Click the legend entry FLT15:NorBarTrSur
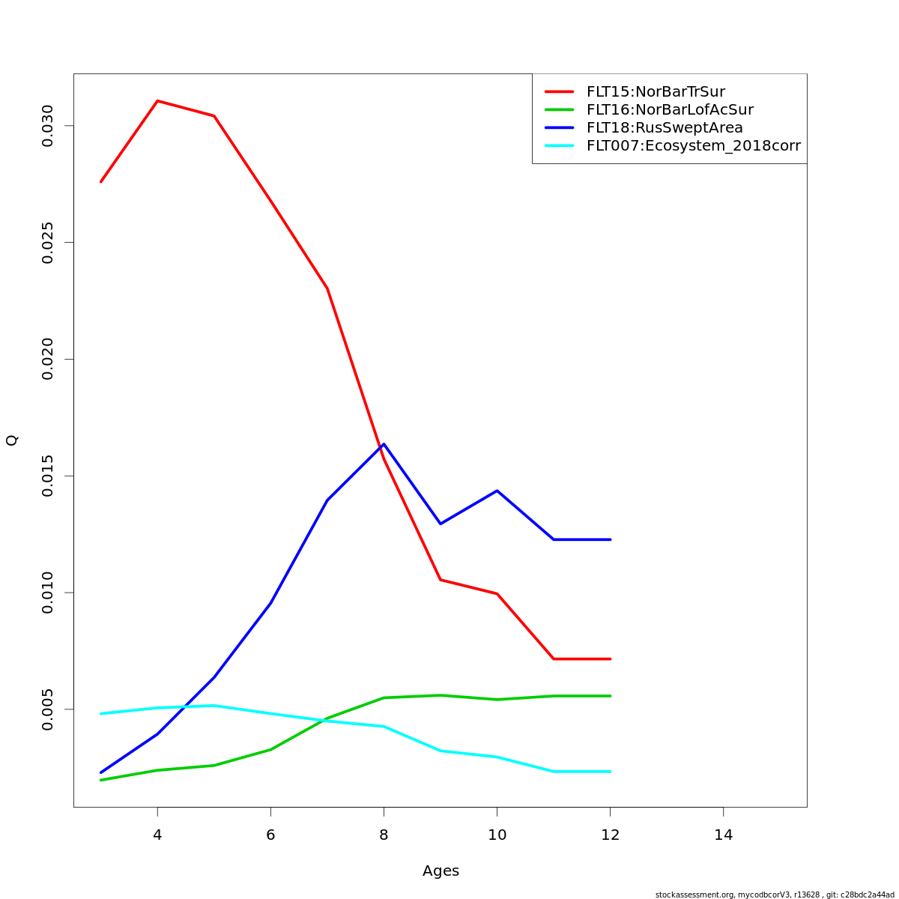tap(656, 92)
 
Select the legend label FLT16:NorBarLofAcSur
tap(670, 110)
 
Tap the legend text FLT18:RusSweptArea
tap(665, 128)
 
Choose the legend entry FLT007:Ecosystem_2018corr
tap(693, 146)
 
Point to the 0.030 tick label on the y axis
tap(47, 126)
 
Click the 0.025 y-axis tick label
tap(47, 243)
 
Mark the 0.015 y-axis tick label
tap(47, 476)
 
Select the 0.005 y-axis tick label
tap(47, 709)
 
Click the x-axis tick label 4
tap(157, 835)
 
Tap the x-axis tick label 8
tap(384, 835)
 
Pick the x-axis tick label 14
tap(723, 835)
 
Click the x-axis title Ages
tap(441, 871)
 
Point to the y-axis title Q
tap(12, 441)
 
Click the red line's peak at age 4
tap(157, 100)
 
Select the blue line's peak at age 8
tap(384, 444)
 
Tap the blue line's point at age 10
tap(497, 491)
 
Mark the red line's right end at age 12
tap(610, 659)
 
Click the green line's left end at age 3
tap(101, 780)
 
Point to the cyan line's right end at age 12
tap(610, 771)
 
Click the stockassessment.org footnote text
tap(775, 895)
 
